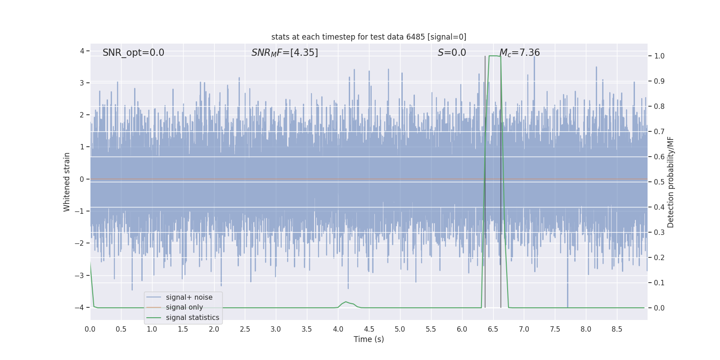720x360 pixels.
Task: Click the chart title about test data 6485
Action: coord(369,37)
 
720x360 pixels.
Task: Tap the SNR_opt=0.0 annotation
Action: coord(133,53)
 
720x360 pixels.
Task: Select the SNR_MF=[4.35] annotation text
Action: coord(284,53)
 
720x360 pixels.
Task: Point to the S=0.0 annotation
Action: coord(452,53)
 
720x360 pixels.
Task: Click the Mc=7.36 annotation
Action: coord(519,53)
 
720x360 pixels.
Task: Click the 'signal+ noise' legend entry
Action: coord(189,297)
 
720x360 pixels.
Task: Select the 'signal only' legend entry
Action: coord(184,307)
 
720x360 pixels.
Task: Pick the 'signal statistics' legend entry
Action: coord(192,318)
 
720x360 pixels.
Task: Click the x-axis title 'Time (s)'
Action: coord(369,339)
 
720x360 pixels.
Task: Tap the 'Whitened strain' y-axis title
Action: coord(67,182)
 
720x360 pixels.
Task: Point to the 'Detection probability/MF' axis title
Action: coord(670,182)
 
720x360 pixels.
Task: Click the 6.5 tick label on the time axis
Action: coord(493,329)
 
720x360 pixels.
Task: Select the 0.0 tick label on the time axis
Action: coord(90,329)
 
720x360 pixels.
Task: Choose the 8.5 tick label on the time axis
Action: coord(617,329)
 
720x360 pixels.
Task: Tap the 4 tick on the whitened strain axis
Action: coord(82,51)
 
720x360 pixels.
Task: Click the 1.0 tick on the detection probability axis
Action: coord(659,56)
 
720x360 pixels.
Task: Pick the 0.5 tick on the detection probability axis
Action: coord(659,182)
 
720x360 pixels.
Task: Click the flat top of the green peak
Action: coord(495,56)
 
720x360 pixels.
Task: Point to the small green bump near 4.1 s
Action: coord(346,302)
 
